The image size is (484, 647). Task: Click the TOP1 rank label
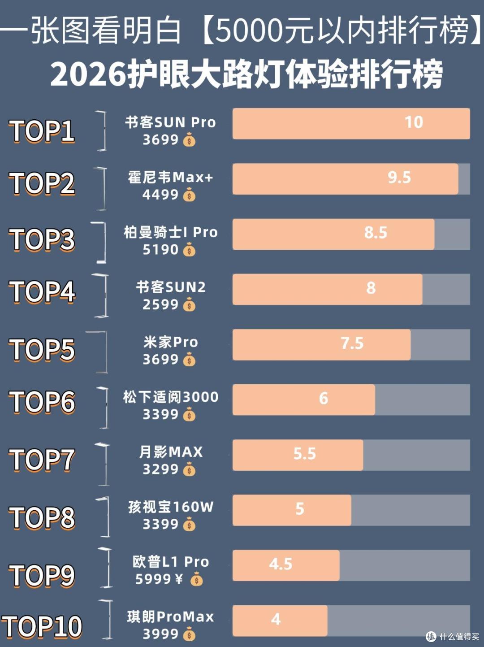click(x=43, y=131)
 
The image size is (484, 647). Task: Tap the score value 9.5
click(x=399, y=178)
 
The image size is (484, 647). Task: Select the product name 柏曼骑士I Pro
click(x=171, y=233)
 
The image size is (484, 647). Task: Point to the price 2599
click(x=160, y=304)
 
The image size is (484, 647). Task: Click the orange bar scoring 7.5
click(x=321, y=345)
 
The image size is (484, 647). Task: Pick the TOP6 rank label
click(x=43, y=402)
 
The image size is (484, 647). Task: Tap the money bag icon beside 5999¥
click(x=196, y=578)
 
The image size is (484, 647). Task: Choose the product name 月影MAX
click(x=171, y=452)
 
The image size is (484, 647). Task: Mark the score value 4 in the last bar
click(x=276, y=619)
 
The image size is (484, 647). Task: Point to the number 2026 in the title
click(x=88, y=75)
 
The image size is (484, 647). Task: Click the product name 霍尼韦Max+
click(x=170, y=178)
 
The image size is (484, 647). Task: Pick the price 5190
click(x=160, y=250)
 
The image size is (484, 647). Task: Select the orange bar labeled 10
click(x=351, y=123)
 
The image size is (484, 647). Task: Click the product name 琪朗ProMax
click(x=170, y=617)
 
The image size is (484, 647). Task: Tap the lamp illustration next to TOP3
click(x=99, y=242)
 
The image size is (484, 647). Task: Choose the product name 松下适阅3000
click(x=171, y=397)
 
